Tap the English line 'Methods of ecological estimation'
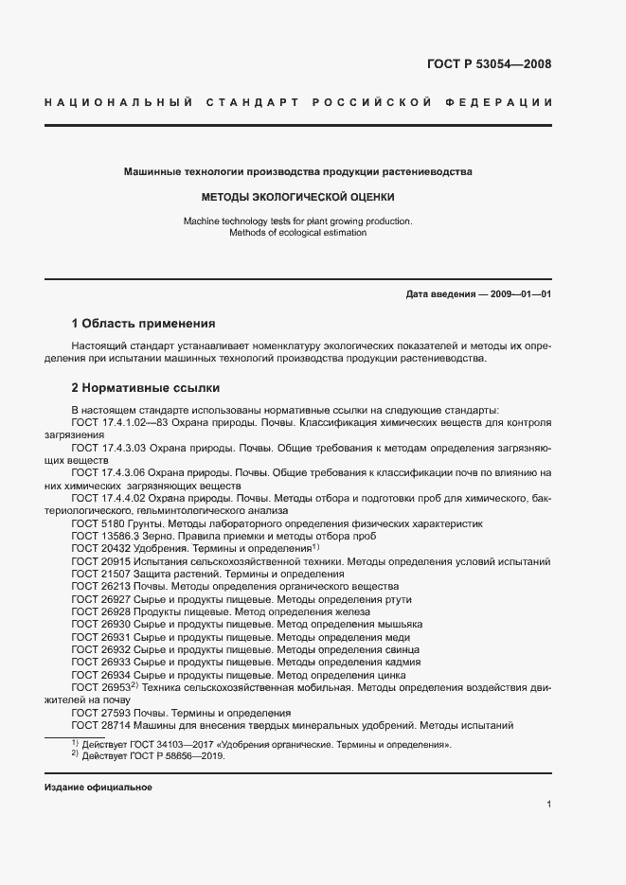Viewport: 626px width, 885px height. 298,232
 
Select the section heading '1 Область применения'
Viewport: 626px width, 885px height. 143,323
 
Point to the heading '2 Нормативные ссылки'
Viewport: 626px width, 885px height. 145,388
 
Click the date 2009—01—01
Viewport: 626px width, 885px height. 516,294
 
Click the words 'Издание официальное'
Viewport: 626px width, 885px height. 98,788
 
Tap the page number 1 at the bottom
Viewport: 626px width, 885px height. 549,805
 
